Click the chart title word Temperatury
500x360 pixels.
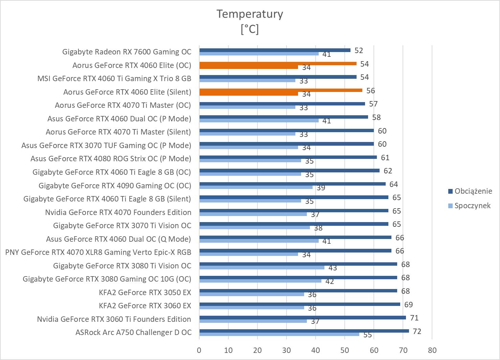[250, 14]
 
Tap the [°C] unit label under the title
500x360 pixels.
[250, 29]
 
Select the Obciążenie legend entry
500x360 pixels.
[473, 191]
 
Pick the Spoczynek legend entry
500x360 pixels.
[472, 206]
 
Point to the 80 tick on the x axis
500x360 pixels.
[432, 350]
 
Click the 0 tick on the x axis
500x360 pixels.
[199, 350]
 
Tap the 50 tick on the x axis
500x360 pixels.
[345, 350]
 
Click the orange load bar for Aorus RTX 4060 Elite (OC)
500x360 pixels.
[278, 64]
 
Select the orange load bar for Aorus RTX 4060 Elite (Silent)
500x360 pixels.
[281, 90]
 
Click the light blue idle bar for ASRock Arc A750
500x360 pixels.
[279, 334]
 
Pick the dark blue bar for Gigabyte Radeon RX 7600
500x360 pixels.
[275, 50]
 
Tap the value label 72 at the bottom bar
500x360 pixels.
[417, 331]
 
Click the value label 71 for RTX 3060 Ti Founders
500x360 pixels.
[414, 318]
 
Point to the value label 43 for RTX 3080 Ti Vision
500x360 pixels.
[333, 268]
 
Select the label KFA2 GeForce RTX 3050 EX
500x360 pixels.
[145, 292]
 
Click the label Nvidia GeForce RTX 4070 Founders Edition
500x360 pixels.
[118, 212]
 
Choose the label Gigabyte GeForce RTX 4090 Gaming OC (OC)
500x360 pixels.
[115, 186]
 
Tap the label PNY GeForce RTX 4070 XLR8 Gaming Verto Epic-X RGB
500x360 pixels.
[98, 252]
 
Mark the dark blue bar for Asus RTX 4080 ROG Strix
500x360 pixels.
[288, 157]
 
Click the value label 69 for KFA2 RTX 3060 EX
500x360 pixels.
[408, 305]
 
